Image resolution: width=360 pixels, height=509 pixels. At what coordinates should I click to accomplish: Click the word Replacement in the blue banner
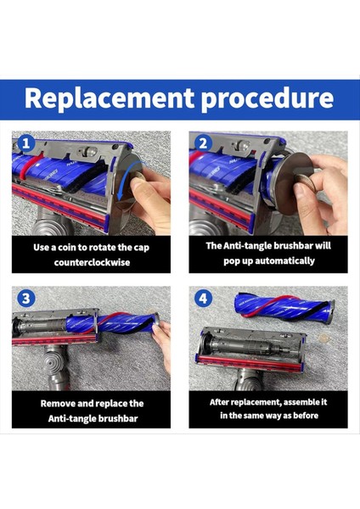pyautogui.click(x=110, y=98)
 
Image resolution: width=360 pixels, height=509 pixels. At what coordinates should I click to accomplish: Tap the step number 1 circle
pyautogui.click(x=25, y=143)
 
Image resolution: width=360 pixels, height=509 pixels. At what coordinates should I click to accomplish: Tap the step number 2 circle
pyautogui.click(x=203, y=143)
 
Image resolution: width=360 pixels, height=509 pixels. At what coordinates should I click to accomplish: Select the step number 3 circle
pyautogui.click(x=25, y=299)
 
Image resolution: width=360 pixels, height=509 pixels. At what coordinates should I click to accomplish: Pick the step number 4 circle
pyautogui.click(x=203, y=299)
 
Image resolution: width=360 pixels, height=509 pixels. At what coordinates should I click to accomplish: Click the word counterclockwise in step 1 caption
pyautogui.click(x=92, y=262)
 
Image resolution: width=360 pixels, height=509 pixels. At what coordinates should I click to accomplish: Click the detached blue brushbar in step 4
pyautogui.click(x=285, y=307)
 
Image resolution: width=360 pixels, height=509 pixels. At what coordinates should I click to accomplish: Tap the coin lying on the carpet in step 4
pyautogui.click(x=323, y=338)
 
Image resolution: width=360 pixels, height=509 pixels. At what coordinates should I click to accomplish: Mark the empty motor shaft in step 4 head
pyautogui.click(x=247, y=347)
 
